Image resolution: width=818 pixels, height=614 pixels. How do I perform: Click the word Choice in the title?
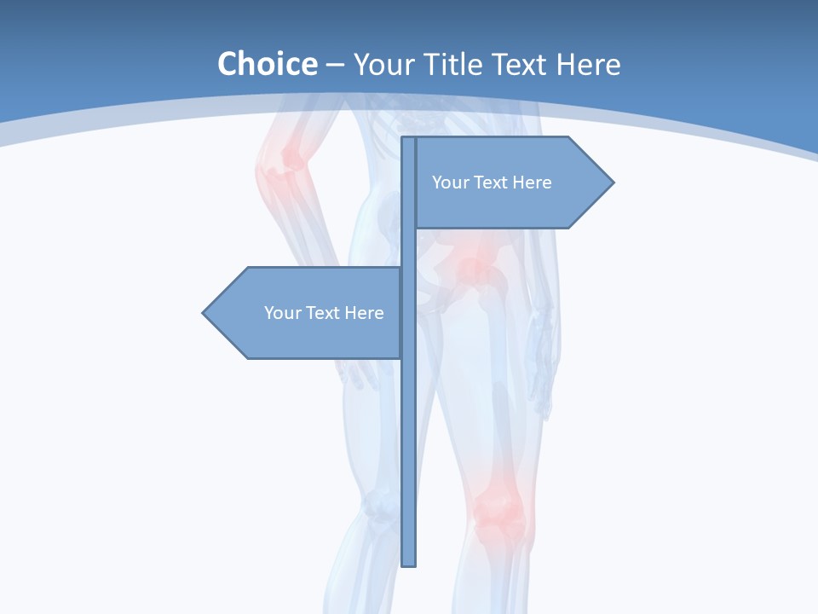(x=267, y=64)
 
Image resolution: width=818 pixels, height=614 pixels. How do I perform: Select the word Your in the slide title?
(x=383, y=64)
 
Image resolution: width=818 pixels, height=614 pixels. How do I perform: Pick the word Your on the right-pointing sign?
(x=449, y=182)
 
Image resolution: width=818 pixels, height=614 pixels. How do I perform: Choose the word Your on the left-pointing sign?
(x=281, y=313)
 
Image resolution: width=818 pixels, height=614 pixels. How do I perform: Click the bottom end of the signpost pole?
(x=409, y=563)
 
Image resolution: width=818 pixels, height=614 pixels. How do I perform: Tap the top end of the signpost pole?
(x=409, y=140)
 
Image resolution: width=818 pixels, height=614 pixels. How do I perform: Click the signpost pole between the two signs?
(x=409, y=248)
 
